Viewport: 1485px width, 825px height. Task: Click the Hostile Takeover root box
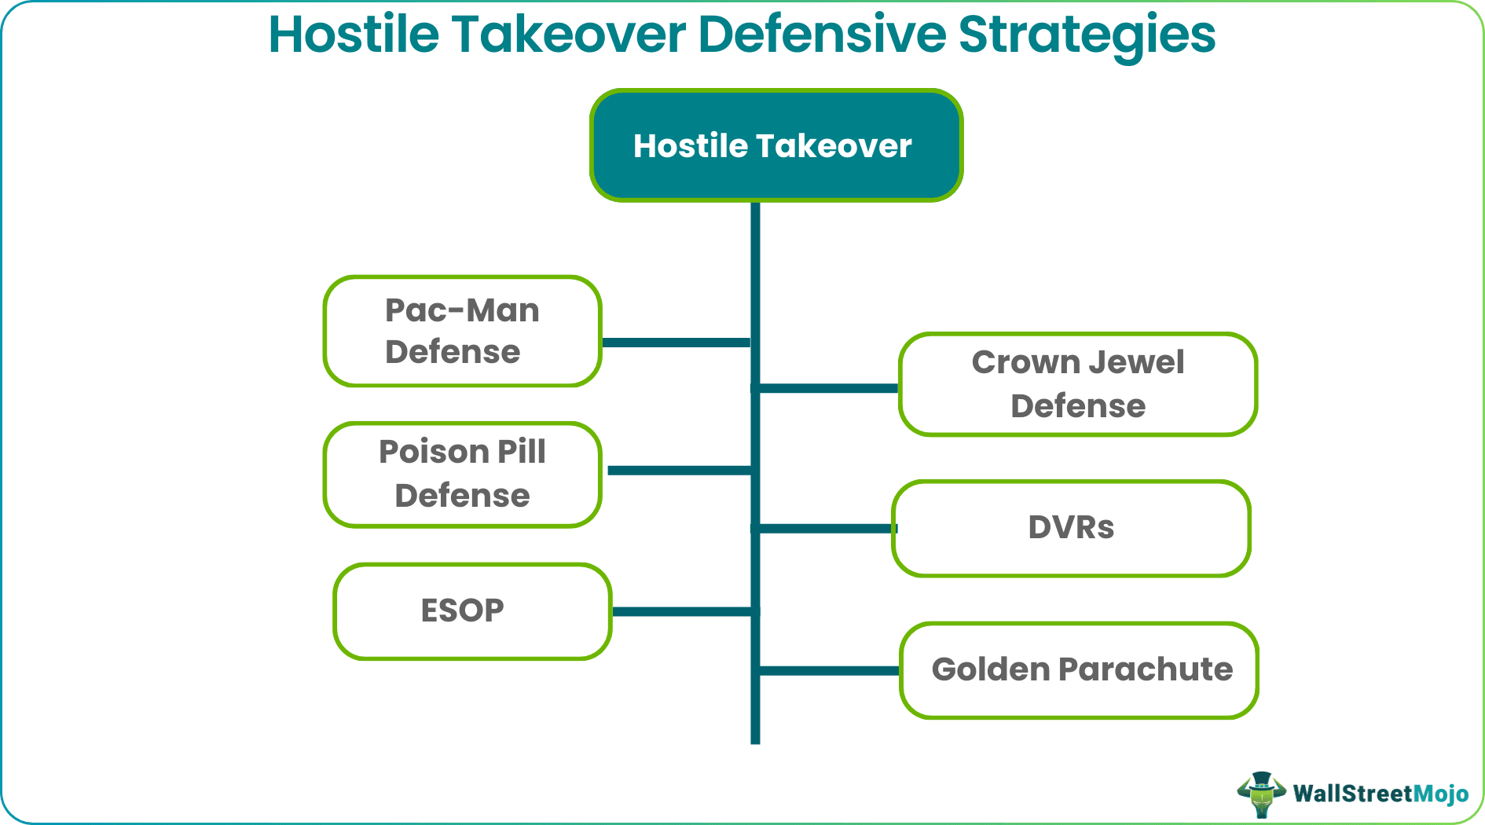775,145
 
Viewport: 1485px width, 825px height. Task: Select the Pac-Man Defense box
462,331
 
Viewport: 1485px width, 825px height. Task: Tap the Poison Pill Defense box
462,474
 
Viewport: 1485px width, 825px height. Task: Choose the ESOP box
472,610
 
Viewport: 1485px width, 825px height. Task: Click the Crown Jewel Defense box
1077,384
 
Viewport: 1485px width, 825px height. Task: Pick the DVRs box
1071,528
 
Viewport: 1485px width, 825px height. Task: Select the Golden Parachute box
1079,670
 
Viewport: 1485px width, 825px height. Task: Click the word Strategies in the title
1087,35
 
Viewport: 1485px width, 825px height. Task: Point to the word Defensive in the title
822,35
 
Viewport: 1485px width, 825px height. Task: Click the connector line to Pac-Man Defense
676,343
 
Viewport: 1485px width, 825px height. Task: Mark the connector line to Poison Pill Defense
680,471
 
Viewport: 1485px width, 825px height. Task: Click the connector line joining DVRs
825,529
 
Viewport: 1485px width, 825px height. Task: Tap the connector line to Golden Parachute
829,671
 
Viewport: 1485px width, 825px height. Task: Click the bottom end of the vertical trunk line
755,739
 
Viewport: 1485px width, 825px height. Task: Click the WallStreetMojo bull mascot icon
1261,794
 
